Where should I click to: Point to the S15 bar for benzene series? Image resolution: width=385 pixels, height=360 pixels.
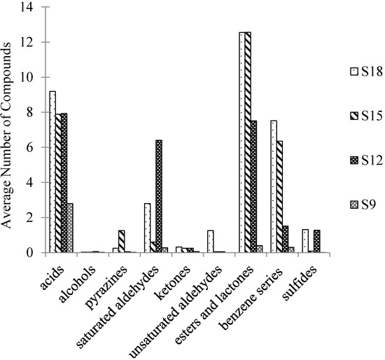[x=279, y=196]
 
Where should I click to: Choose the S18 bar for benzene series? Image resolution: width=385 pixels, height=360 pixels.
[x=273, y=186]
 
